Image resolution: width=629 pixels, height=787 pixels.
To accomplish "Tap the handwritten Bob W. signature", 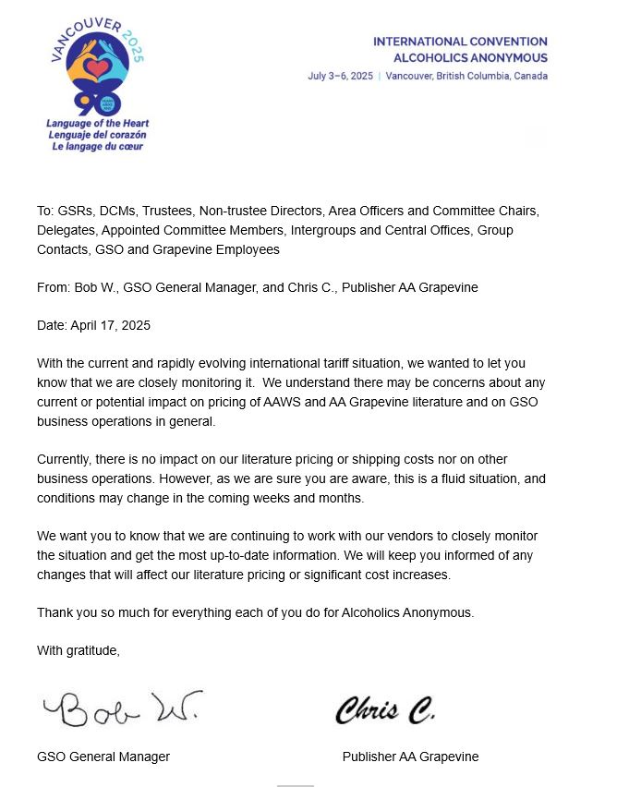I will [x=119, y=708].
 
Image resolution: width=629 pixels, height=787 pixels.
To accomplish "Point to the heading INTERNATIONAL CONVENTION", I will [x=460, y=42].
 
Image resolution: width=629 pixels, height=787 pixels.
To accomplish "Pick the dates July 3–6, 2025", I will [x=341, y=76].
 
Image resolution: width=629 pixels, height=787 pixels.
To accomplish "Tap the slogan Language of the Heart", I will [x=97, y=124].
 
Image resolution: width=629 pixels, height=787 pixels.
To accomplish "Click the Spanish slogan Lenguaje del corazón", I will [x=97, y=135].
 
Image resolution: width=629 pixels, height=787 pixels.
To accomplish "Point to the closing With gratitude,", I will [x=79, y=650].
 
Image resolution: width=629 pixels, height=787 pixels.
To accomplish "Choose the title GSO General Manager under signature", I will [x=103, y=757].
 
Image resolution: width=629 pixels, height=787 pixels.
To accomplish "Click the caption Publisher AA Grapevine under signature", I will [x=410, y=757].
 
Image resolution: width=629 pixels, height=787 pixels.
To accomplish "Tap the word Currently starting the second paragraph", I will [x=64, y=459].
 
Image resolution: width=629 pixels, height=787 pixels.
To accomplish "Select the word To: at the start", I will [x=46, y=211].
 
